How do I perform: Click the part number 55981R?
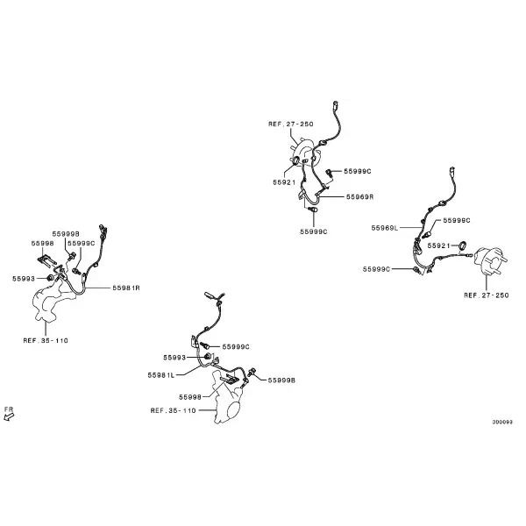click(x=126, y=288)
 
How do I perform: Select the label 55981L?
click(x=161, y=375)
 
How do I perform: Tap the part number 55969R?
click(x=360, y=197)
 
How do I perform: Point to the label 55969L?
click(x=385, y=228)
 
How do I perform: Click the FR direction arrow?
click(x=9, y=416)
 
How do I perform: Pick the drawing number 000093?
click(x=502, y=422)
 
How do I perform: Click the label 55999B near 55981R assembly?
click(x=66, y=234)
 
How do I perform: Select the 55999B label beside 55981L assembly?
click(x=281, y=380)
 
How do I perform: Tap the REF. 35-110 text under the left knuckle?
click(x=46, y=340)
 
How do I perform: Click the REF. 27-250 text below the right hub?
click(x=487, y=295)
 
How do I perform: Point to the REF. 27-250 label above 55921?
click(x=291, y=124)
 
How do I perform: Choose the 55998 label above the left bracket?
click(x=43, y=243)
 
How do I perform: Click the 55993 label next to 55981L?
click(x=174, y=358)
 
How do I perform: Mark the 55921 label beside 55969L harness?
click(x=438, y=245)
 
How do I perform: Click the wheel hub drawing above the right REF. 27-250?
click(x=490, y=261)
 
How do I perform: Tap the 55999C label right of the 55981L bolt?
click(x=236, y=347)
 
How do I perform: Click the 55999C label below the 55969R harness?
click(x=314, y=231)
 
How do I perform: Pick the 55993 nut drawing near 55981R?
click(x=50, y=278)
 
